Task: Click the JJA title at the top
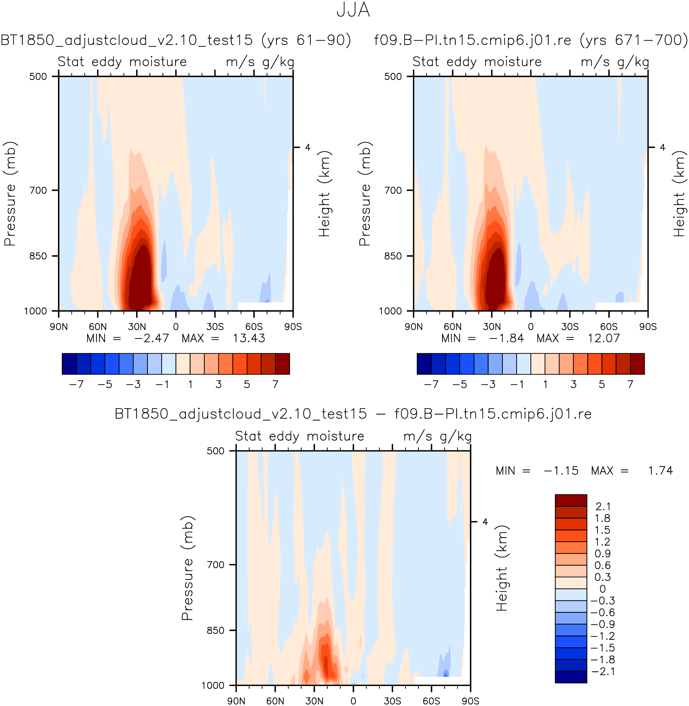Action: pyautogui.click(x=353, y=10)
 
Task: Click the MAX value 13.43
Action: pyautogui.click(x=249, y=338)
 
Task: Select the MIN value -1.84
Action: pyautogui.click(x=506, y=338)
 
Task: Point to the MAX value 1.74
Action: pyautogui.click(x=660, y=471)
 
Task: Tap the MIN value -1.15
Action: pyautogui.click(x=561, y=471)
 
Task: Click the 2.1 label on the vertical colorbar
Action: pyautogui.click(x=603, y=506)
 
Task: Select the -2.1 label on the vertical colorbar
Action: pyautogui.click(x=603, y=672)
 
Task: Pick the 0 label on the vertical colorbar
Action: pyautogui.click(x=603, y=589)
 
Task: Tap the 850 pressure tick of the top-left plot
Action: pyautogui.click(x=38, y=256)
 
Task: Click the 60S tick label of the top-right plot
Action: pyautogui.click(x=609, y=327)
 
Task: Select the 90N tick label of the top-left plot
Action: pyautogui.click(x=59, y=327)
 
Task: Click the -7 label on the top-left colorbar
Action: pyautogui.click(x=76, y=384)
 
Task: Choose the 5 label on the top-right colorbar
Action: pyautogui.click(x=602, y=384)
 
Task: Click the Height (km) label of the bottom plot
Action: pyautogui.click(x=502, y=568)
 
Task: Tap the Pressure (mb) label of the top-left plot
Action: pyautogui.click(x=10, y=194)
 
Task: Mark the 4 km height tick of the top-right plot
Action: pyautogui.click(x=662, y=147)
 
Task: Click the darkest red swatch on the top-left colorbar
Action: pyautogui.click(x=282, y=364)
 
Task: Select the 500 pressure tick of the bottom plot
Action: pyautogui.click(x=216, y=451)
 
